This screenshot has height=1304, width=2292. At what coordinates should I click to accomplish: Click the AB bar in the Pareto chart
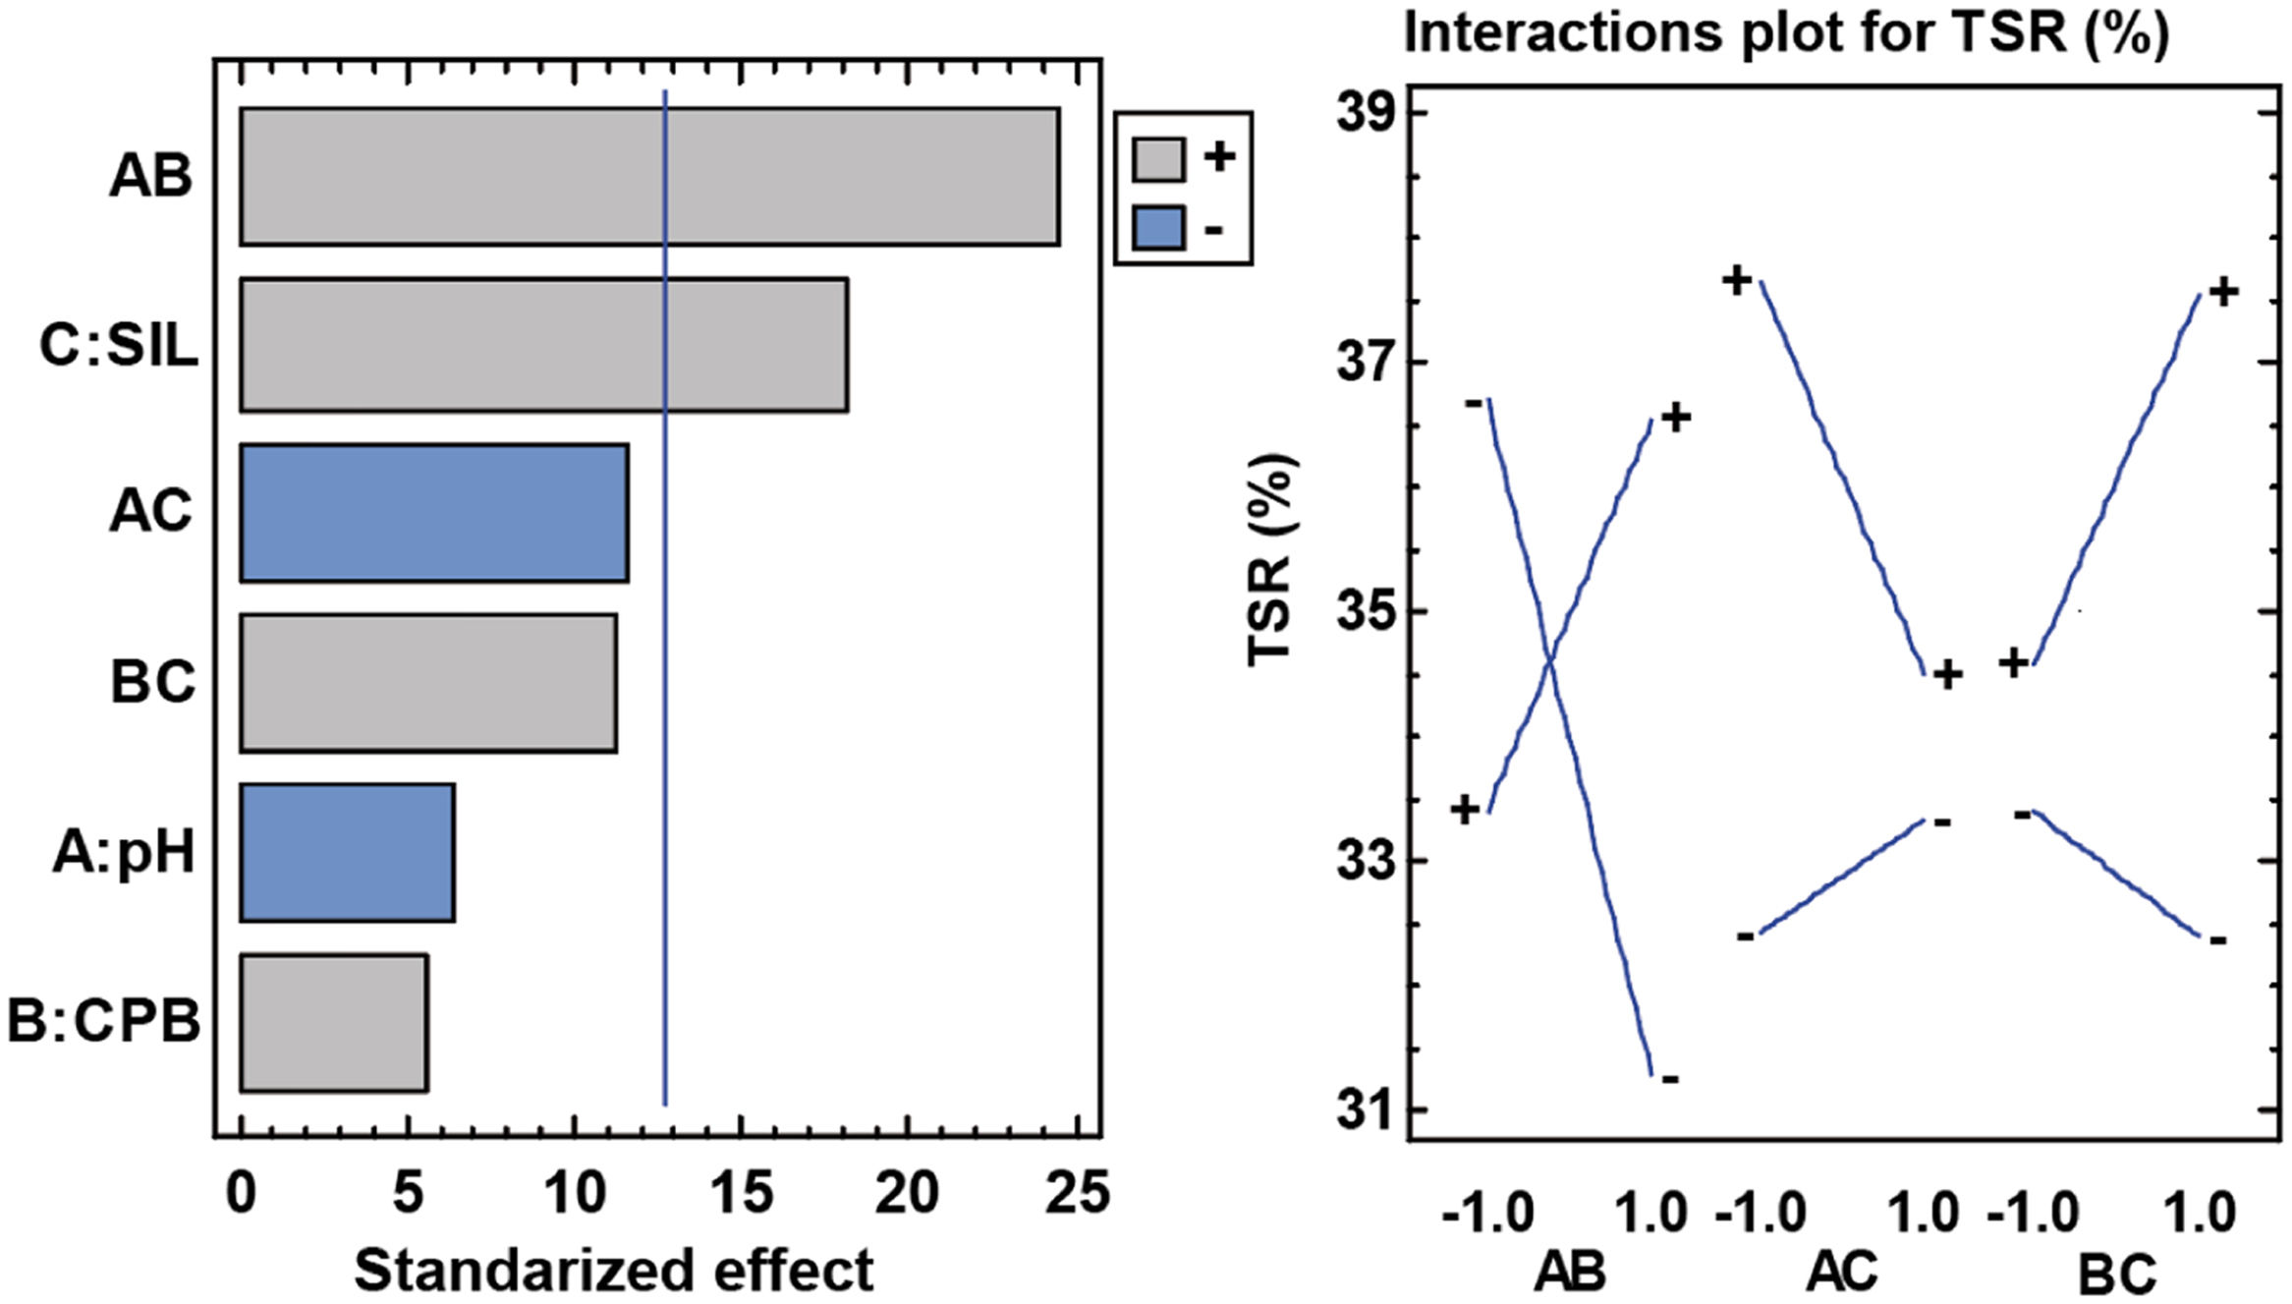pyautogui.click(x=648, y=176)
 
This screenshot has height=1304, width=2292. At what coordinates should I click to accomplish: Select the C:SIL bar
pyautogui.click(x=543, y=345)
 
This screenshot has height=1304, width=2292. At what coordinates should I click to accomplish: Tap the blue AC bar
pyautogui.click(x=433, y=513)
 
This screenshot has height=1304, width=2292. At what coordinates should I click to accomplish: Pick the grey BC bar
pyautogui.click(x=428, y=683)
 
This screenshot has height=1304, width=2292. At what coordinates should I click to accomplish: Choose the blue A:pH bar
pyautogui.click(x=347, y=852)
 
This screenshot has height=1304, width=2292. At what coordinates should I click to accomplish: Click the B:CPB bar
pyautogui.click(x=333, y=1022)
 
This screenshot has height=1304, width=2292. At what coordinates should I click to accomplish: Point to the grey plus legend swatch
pyautogui.click(x=1158, y=158)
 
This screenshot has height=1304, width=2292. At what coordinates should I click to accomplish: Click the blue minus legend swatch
pyautogui.click(x=1158, y=228)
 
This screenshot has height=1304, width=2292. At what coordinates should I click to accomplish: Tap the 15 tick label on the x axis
pyautogui.click(x=741, y=1195)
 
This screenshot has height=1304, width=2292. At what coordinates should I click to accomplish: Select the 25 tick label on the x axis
pyautogui.click(x=1077, y=1195)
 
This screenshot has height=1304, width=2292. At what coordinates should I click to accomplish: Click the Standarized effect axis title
pyautogui.click(x=613, y=1271)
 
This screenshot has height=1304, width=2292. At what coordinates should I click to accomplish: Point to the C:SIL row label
pyautogui.click(x=119, y=346)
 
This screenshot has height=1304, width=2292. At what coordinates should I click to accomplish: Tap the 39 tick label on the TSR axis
pyautogui.click(x=1366, y=113)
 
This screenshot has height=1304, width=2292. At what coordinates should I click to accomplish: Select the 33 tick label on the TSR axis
pyautogui.click(x=1366, y=861)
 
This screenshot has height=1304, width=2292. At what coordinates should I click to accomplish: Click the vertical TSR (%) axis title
pyautogui.click(x=1271, y=560)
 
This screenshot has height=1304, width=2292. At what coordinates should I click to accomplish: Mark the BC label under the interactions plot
pyautogui.click(x=2116, y=1275)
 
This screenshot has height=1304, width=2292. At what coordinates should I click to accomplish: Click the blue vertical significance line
pyautogui.click(x=665, y=590)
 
